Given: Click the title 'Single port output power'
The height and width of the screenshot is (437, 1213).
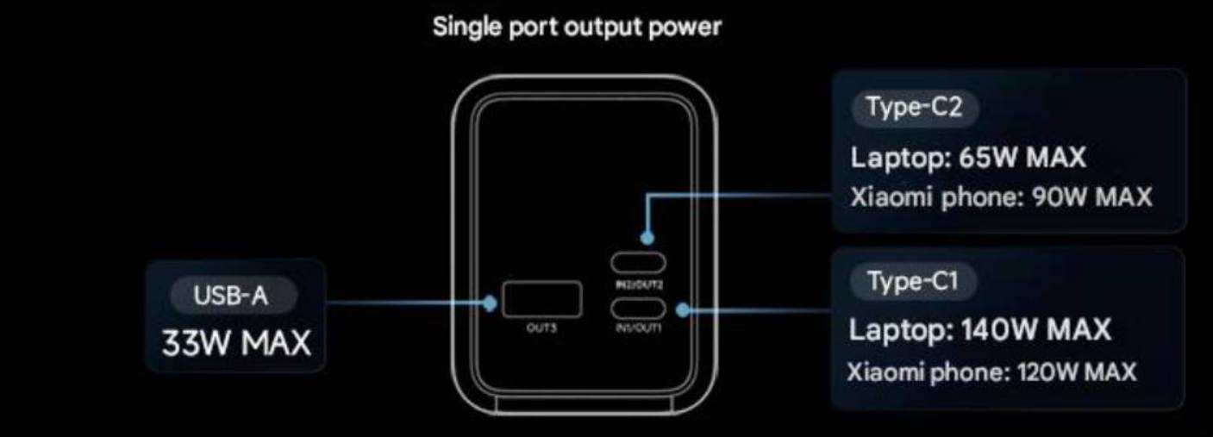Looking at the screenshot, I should (576, 28).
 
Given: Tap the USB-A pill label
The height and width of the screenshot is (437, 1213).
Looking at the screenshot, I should (231, 297).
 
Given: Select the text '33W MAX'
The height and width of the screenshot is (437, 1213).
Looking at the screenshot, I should (236, 343).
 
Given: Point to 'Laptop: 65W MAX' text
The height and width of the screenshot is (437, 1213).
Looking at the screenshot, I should (968, 158).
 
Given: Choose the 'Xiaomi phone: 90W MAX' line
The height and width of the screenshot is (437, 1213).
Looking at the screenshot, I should (1000, 197).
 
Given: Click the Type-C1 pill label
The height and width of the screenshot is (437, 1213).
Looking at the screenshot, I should (912, 281).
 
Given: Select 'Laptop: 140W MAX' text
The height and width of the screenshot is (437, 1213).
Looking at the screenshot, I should (980, 329).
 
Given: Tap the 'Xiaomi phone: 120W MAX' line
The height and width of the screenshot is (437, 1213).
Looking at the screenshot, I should (992, 372).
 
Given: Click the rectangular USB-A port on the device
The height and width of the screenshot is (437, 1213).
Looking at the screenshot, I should (542, 300).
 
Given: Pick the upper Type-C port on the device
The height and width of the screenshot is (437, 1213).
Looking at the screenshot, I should (638, 262).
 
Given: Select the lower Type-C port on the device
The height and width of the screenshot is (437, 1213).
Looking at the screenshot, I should (638, 308).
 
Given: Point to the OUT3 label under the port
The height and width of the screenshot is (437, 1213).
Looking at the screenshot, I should (542, 328).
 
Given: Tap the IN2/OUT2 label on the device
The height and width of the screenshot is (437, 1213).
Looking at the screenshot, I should (638, 282).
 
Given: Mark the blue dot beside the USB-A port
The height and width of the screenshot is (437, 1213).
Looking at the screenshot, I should (490, 303).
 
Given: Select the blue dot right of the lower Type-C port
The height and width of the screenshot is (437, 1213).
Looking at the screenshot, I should (683, 309).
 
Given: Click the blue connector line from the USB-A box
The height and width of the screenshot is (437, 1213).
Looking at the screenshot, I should (405, 303).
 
